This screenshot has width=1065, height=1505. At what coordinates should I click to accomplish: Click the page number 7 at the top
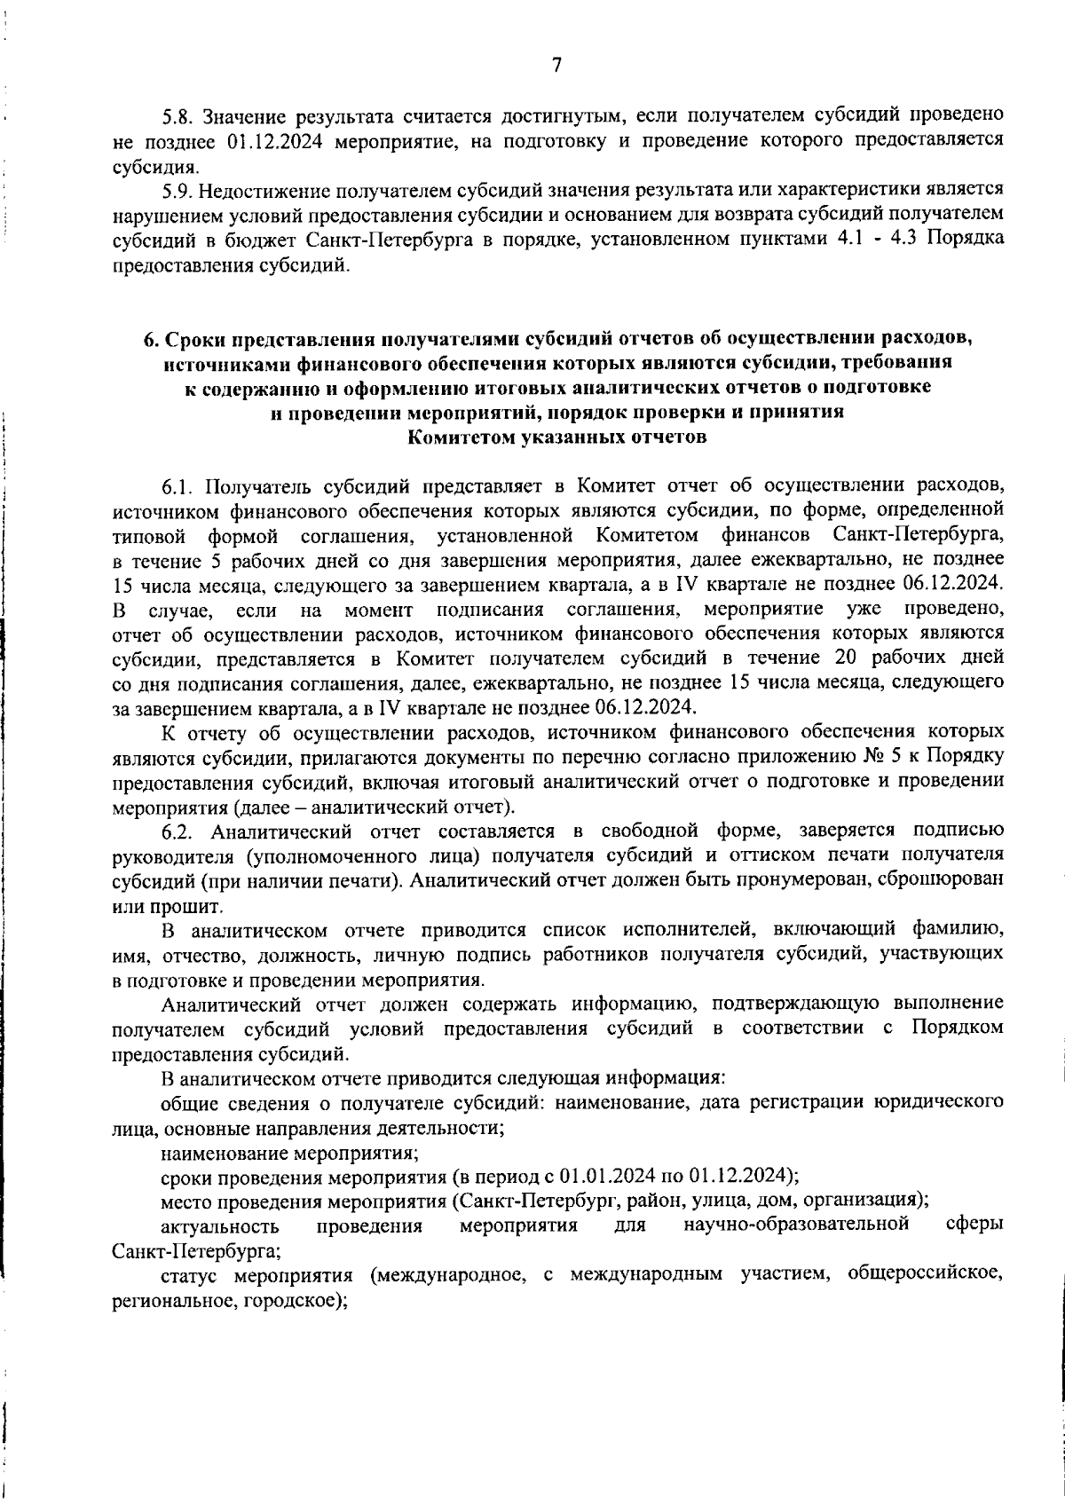[556, 66]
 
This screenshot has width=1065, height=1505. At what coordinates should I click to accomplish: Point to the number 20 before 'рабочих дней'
[846, 658]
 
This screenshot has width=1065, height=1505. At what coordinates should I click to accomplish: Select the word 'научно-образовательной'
[796, 1225]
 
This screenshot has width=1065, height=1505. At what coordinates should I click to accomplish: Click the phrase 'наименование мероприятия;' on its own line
[289, 1153]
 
